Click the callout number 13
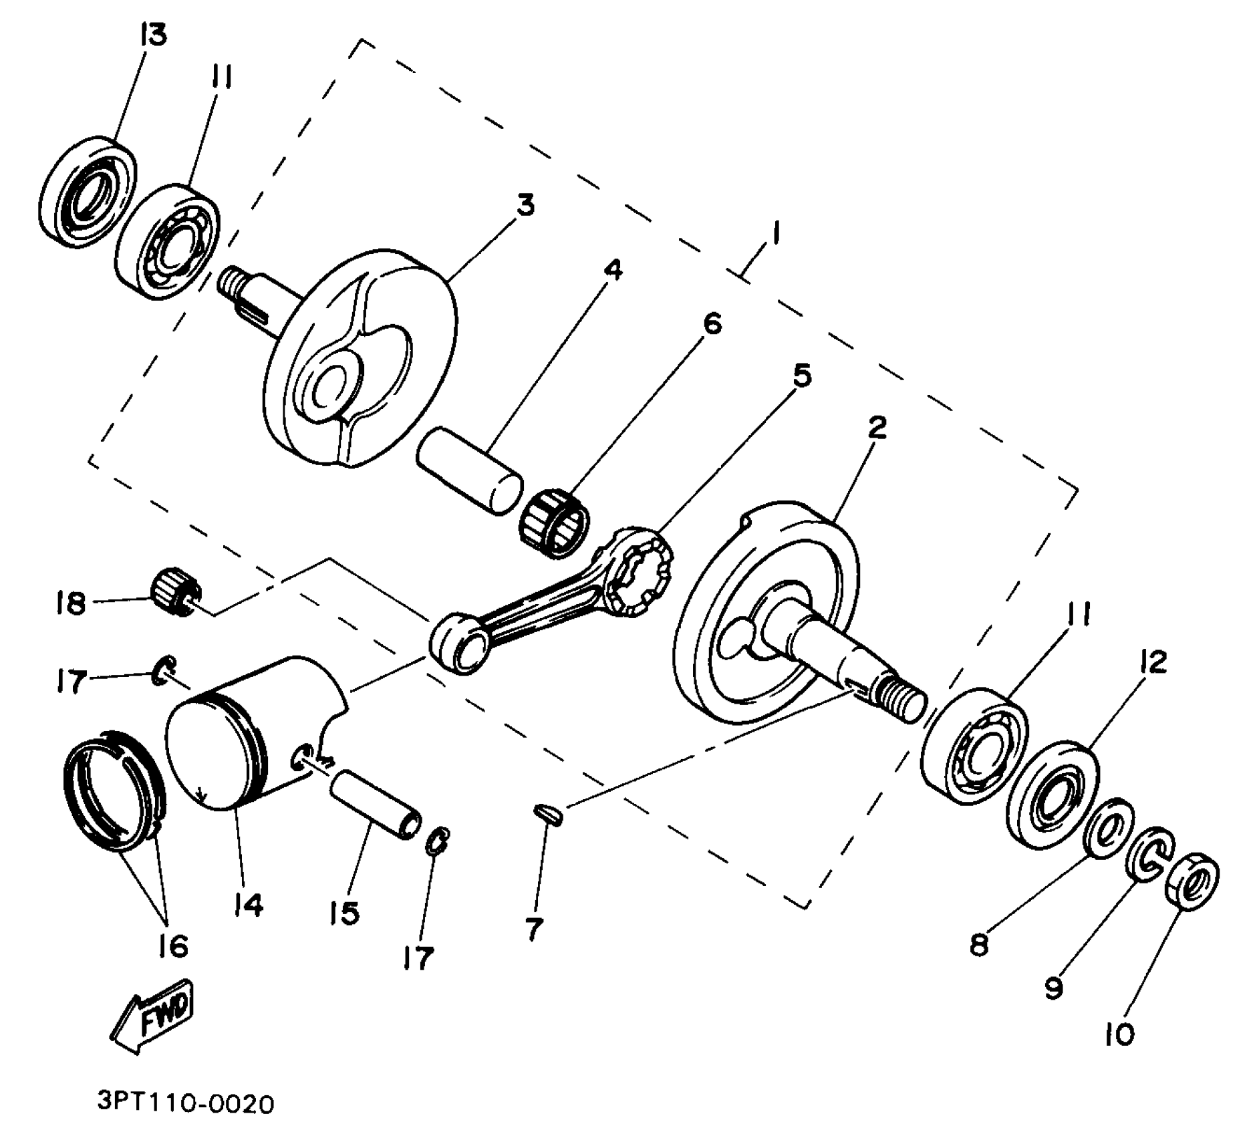click(x=153, y=35)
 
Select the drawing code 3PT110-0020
click(x=185, y=1103)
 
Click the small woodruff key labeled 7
click(x=549, y=813)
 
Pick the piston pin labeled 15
click(x=376, y=804)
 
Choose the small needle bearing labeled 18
click(x=175, y=591)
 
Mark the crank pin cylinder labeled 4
click(x=469, y=471)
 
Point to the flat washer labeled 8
click(x=1109, y=826)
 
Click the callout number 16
click(x=173, y=945)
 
